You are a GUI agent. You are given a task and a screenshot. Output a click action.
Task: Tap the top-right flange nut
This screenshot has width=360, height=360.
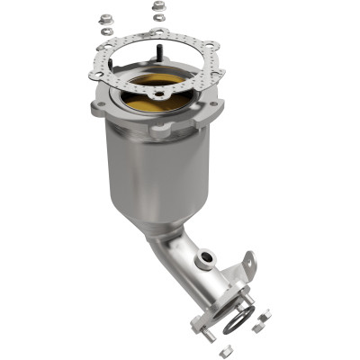[158, 6]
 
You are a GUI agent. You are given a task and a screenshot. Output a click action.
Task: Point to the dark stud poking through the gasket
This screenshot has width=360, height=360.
[161, 37]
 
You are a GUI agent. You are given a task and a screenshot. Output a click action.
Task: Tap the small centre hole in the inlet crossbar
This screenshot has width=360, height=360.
[158, 91]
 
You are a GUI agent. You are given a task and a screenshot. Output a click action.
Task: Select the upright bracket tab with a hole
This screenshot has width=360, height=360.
[249, 265]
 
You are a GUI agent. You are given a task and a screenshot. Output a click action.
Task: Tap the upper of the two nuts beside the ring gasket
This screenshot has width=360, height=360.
[265, 314]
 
